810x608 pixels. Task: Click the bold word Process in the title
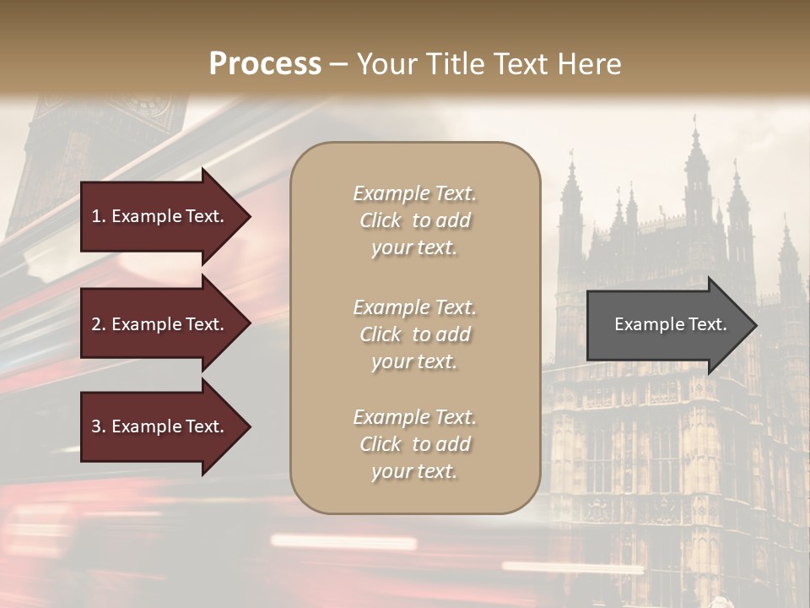pyautogui.click(x=265, y=64)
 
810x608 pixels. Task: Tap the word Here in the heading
pyautogui.click(x=590, y=64)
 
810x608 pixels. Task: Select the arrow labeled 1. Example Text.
pyautogui.click(x=160, y=216)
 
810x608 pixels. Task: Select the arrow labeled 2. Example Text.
pyautogui.click(x=160, y=324)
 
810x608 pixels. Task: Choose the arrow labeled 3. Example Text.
pyautogui.click(x=160, y=426)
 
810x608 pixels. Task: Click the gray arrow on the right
pyautogui.click(x=667, y=325)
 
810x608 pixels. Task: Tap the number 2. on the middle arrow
pyautogui.click(x=99, y=324)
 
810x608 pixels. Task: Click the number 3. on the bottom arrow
pyautogui.click(x=99, y=426)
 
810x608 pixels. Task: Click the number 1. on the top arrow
pyautogui.click(x=99, y=216)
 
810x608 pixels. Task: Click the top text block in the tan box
pyautogui.click(x=414, y=220)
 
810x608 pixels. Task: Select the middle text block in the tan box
pyautogui.click(x=414, y=334)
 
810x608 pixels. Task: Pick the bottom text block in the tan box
pyautogui.click(x=414, y=444)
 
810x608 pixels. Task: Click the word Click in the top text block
pyautogui.click(x=381, y=220)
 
